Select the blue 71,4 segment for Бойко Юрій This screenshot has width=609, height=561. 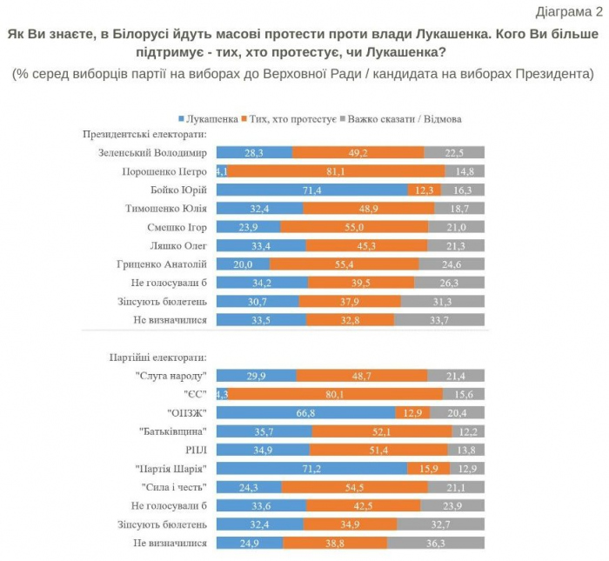(x=311, y=190)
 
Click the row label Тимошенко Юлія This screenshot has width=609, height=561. (x=165, y=209)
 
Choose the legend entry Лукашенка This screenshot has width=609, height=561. (x=209, y=117)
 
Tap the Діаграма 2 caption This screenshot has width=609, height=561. (x=568, y=11)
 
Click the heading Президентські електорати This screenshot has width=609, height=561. (x=144, y=135)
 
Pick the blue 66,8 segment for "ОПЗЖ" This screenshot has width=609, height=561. (x=305, y=412)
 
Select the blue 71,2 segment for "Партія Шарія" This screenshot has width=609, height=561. (x=311, y=468)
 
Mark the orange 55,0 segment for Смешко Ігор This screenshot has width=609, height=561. (x=354, y=227)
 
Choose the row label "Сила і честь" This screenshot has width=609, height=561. (x=174, y=486)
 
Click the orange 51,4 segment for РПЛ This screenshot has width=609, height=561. (x=378, y=450)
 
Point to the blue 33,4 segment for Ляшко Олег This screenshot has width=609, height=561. (x=260, y=245)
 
